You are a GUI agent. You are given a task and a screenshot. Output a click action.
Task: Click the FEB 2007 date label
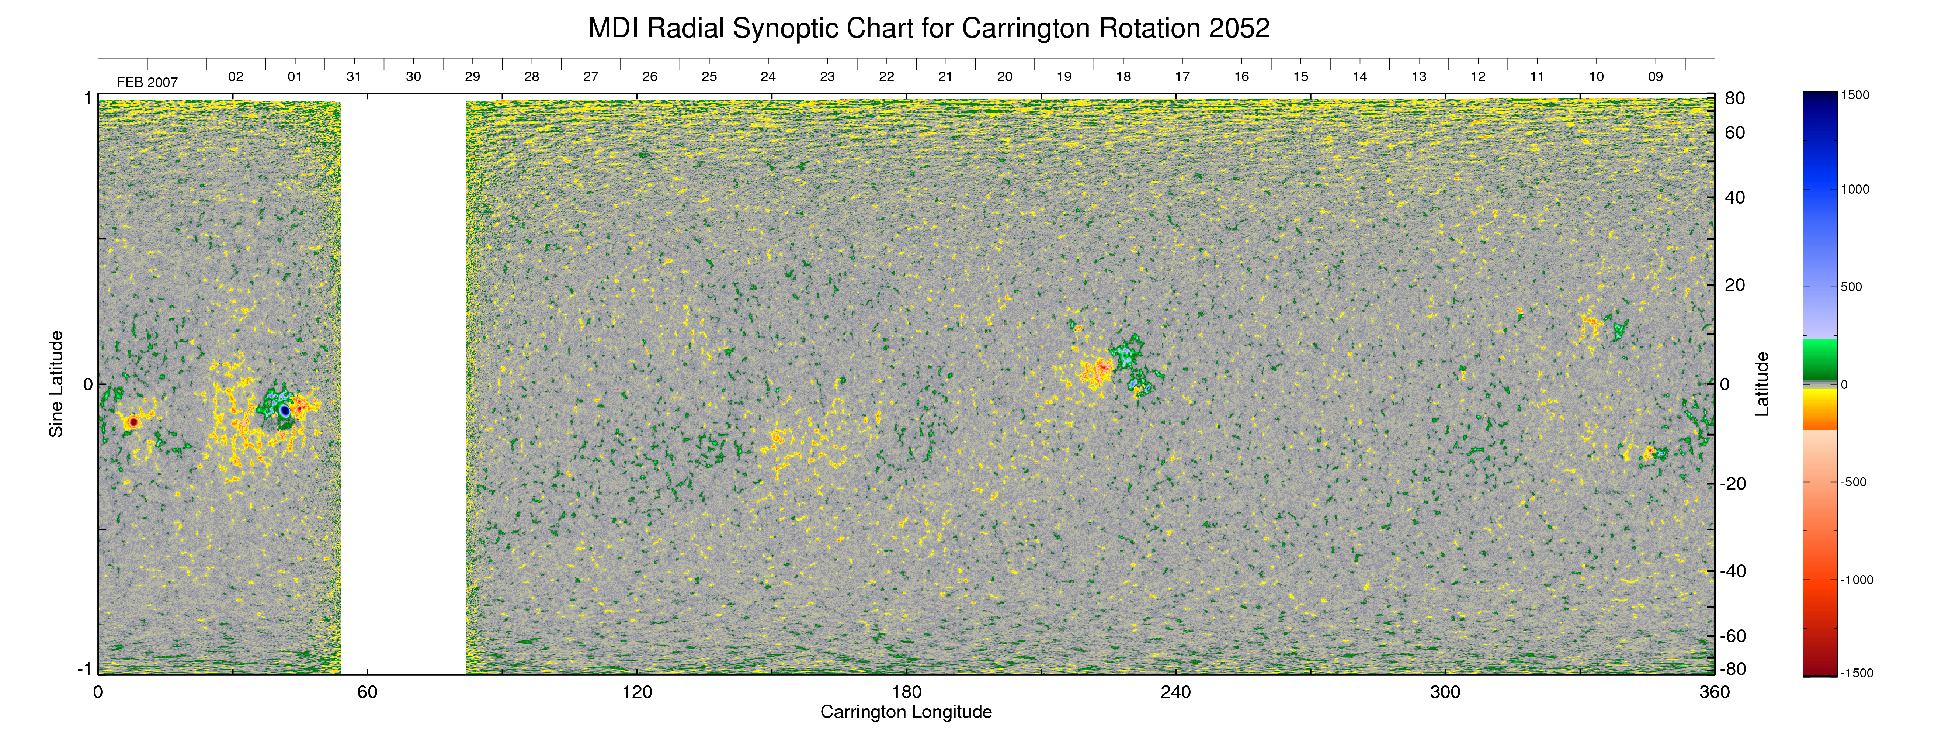coord(147,82)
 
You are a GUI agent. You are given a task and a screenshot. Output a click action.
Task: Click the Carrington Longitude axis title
coord(906,712)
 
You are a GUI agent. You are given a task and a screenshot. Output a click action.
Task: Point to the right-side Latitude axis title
coord(1761,384)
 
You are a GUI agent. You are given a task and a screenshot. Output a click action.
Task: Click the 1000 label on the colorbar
coord(1855,189)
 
